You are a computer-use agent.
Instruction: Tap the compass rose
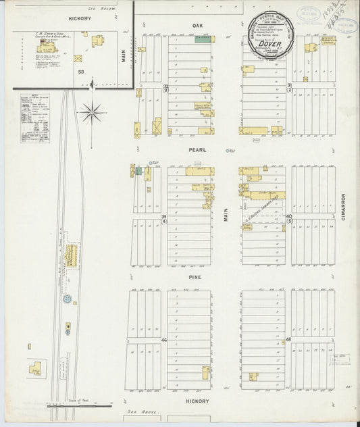click(91, 111)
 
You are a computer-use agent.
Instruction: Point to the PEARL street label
click(197, 149)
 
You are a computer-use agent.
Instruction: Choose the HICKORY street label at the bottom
click(197, 401)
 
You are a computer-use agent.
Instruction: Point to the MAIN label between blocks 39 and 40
click(227, 215)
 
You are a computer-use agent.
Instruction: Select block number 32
click(165, 86)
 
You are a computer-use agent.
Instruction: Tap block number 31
click(289, 85)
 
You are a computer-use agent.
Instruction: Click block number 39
click(163, 216)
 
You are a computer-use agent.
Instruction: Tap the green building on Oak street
click(201, 39)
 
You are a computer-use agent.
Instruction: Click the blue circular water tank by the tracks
click(68, 298)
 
